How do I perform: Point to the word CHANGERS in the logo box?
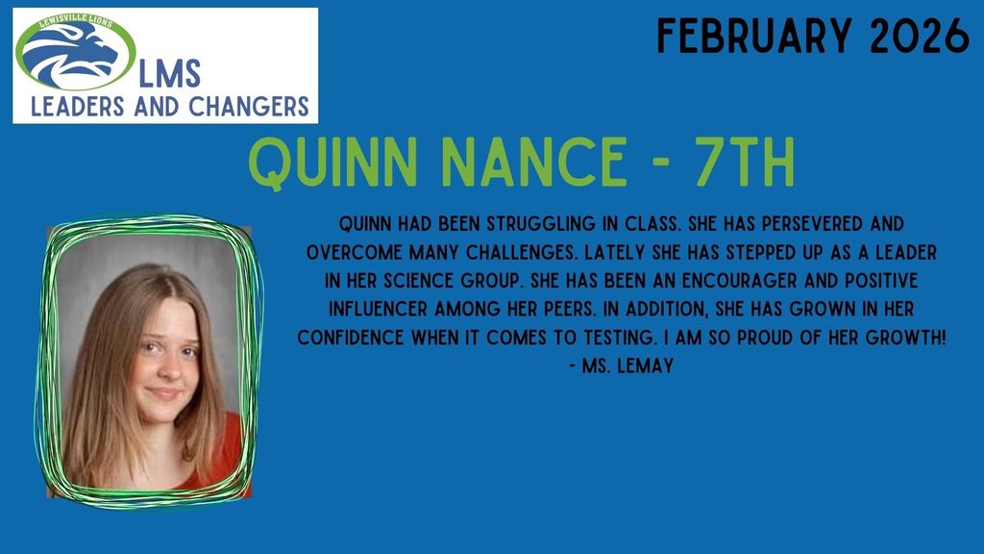pos(246,105)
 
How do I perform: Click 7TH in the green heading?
pos(741,165)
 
